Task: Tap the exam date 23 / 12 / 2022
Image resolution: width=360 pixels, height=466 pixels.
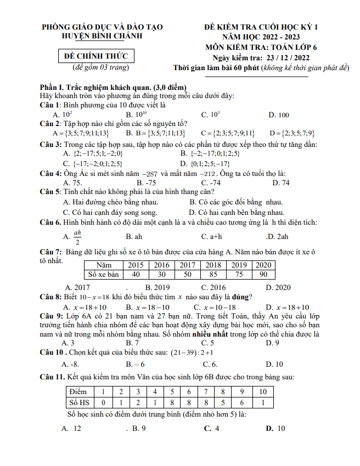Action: [288, 58]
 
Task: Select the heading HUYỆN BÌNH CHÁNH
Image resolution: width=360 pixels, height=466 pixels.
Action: [102, 36]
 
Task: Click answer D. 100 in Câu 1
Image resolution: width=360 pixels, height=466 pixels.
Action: [278, 115]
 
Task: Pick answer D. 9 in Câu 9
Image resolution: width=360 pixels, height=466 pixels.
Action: [273, 343]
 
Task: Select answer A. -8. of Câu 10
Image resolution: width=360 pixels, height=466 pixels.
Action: [71, 363]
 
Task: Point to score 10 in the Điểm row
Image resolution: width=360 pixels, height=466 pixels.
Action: [262, 391]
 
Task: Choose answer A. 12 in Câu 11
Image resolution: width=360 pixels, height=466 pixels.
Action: [72, 428]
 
